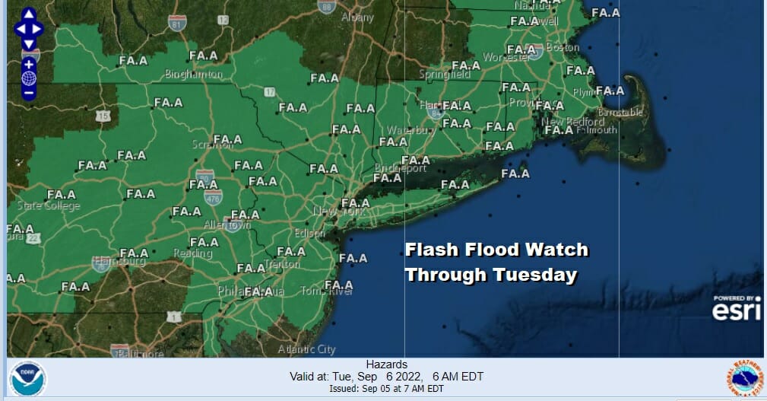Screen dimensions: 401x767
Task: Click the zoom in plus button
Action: (28, 64)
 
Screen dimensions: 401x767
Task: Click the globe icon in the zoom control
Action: (28, 78)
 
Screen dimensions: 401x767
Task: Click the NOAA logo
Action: (27, 379)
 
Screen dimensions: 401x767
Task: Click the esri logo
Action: (736, 310)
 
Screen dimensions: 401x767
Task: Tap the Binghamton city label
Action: (194, 75)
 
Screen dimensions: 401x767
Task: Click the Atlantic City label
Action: (306, 349)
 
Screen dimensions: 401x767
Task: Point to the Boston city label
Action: (563, 47)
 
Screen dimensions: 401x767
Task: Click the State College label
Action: (49, 206)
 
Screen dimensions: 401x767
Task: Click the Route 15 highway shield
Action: (104, 116)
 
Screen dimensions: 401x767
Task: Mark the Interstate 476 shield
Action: (213, 199)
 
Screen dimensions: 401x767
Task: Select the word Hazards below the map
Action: (386, 364)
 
